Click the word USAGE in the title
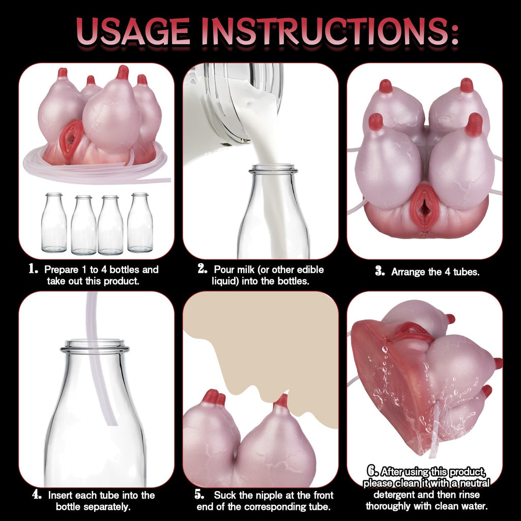tap(133, 31)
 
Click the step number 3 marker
tap(380, 271)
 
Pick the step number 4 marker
tap(37, 495)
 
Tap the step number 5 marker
tap(199, 495)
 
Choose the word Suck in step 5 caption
tap(225, 495)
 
